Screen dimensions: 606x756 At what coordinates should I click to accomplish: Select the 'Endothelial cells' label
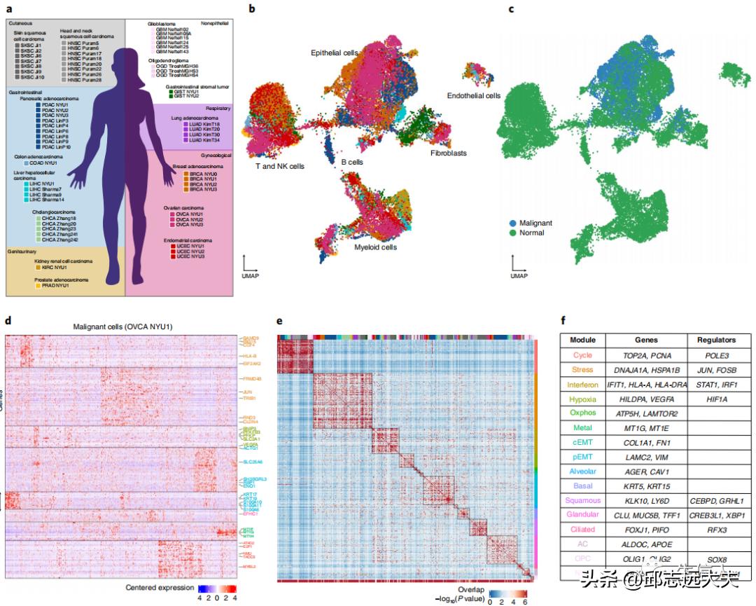[474, 95]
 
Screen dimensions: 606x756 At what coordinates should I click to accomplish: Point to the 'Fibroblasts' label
[448, 152]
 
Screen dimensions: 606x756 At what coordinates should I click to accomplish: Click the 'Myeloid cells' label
[375, 247]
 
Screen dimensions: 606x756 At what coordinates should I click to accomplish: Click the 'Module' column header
[582, 340]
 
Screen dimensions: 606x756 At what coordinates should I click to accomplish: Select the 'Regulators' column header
[716, 340]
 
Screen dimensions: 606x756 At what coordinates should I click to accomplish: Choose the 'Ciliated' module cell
[582, 529]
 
